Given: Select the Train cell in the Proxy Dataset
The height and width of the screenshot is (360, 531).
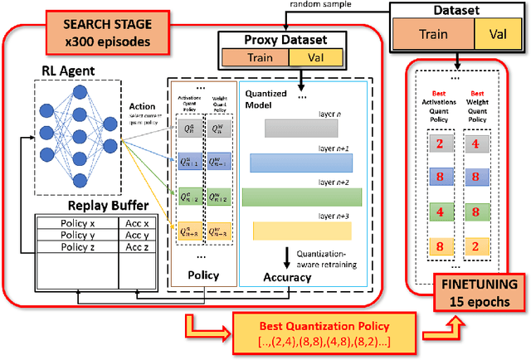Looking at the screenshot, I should [254, 57].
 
